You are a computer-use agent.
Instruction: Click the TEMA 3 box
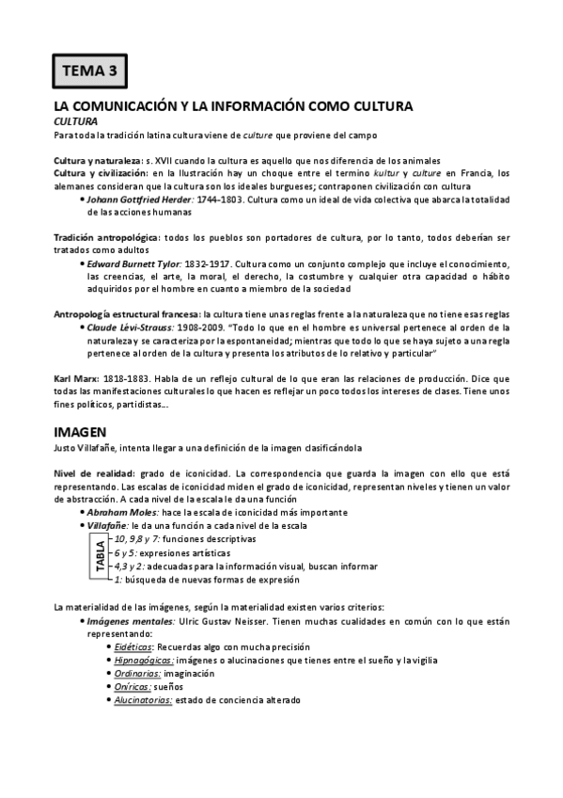pos(88,70)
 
